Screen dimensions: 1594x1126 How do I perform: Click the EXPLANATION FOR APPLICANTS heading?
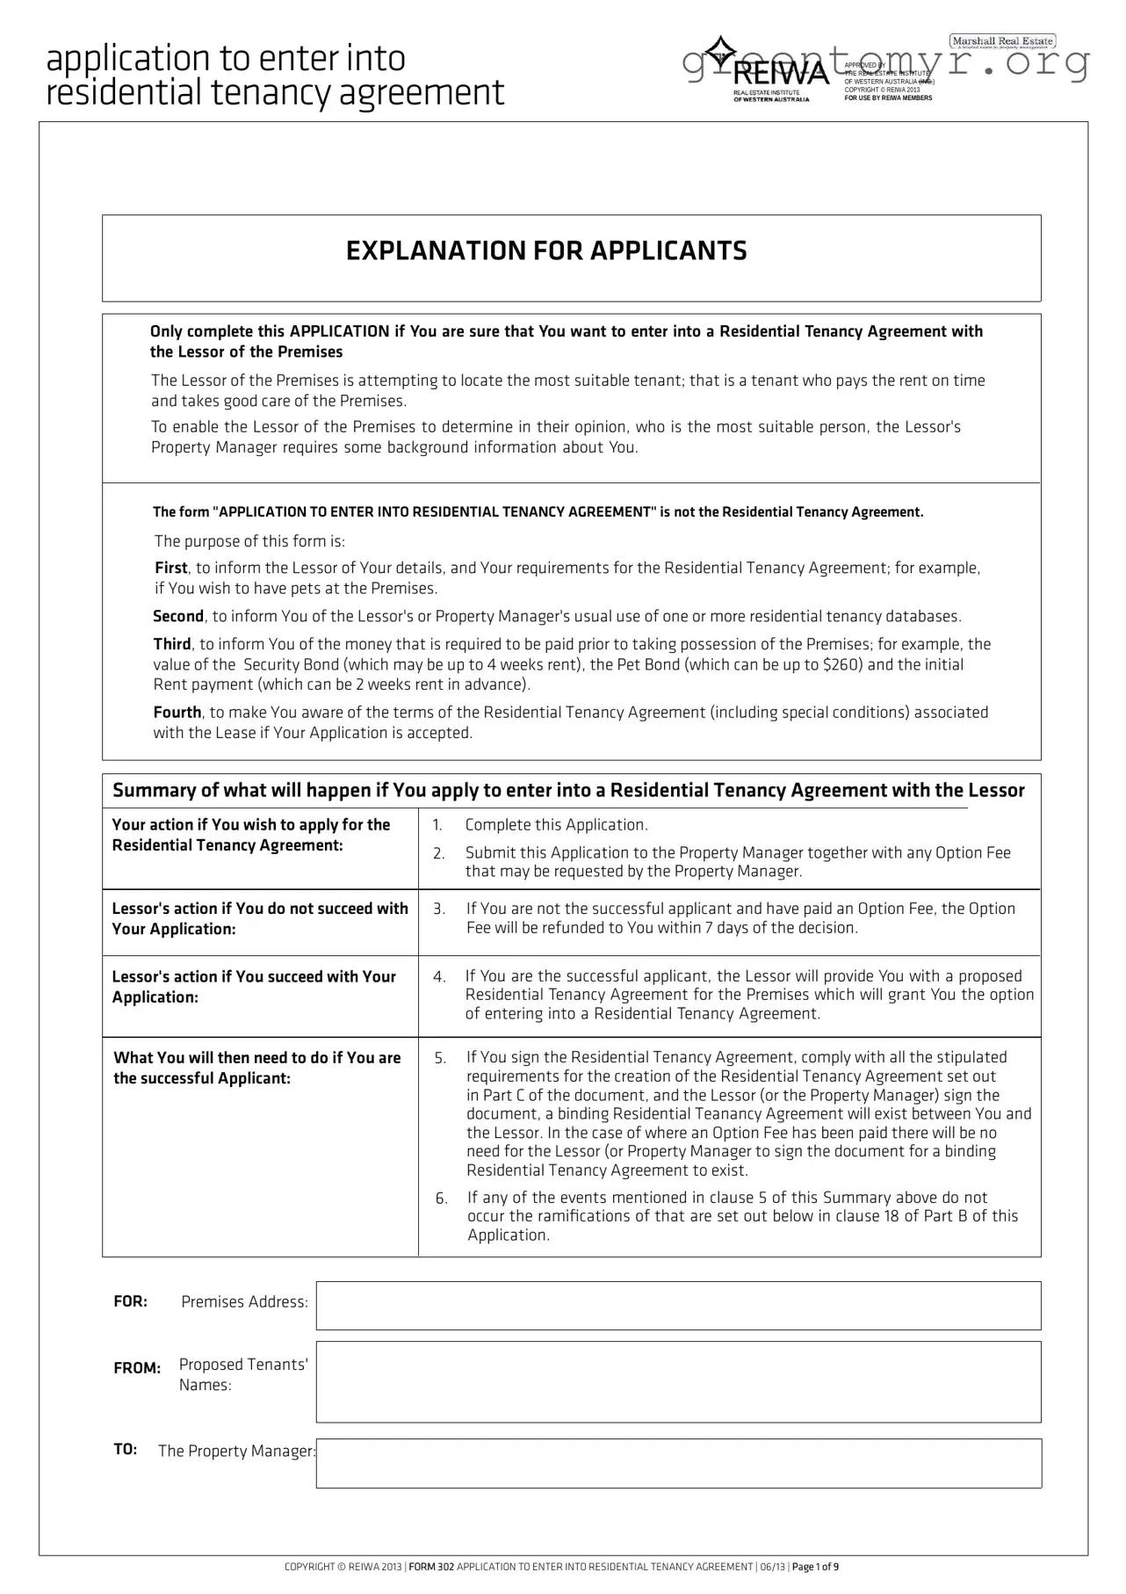pos(546,251)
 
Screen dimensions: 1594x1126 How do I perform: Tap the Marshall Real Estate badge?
pos(1002,41)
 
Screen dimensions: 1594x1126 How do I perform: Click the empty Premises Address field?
pos(678,1305)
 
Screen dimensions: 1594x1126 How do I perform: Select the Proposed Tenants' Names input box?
pos(678,1381)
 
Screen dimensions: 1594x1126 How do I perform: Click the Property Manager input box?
pos(678,1463)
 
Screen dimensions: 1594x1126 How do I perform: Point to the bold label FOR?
pos(130,1301)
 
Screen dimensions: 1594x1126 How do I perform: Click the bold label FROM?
pos(137,1368)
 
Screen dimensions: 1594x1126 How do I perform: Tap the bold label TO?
pos(126,1449)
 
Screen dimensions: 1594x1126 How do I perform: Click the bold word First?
pos(171,569)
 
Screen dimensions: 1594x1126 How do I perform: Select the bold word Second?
pos(178,616)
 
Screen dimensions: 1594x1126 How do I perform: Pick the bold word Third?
pos(172,644)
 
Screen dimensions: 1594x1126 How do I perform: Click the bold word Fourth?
pos(177,713)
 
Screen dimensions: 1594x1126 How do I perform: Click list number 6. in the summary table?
pos(442,1199)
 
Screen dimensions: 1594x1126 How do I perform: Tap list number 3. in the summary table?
pos(439,909)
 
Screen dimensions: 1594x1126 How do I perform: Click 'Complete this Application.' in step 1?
pos(556,825)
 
